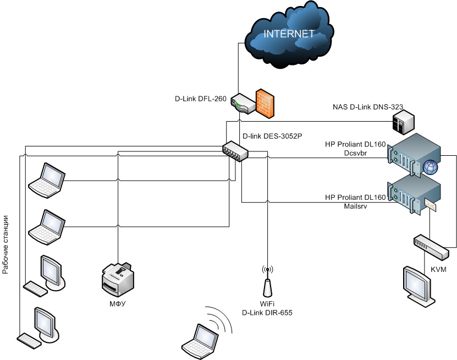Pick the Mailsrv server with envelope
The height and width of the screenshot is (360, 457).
(x=415, y=195)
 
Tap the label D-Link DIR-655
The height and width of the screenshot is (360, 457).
(x=267, y=313)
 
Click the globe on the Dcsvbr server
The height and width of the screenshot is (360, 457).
(x=430, y=167)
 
